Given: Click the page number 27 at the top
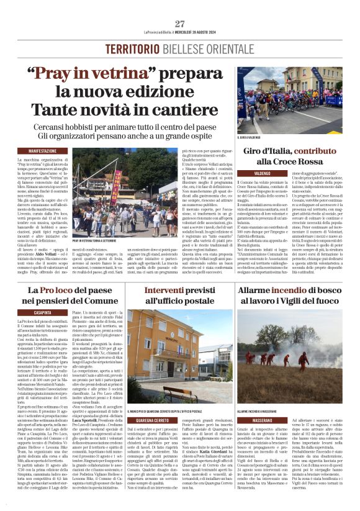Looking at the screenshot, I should (179, 24).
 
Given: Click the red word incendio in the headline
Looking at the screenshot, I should (290, 290).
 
